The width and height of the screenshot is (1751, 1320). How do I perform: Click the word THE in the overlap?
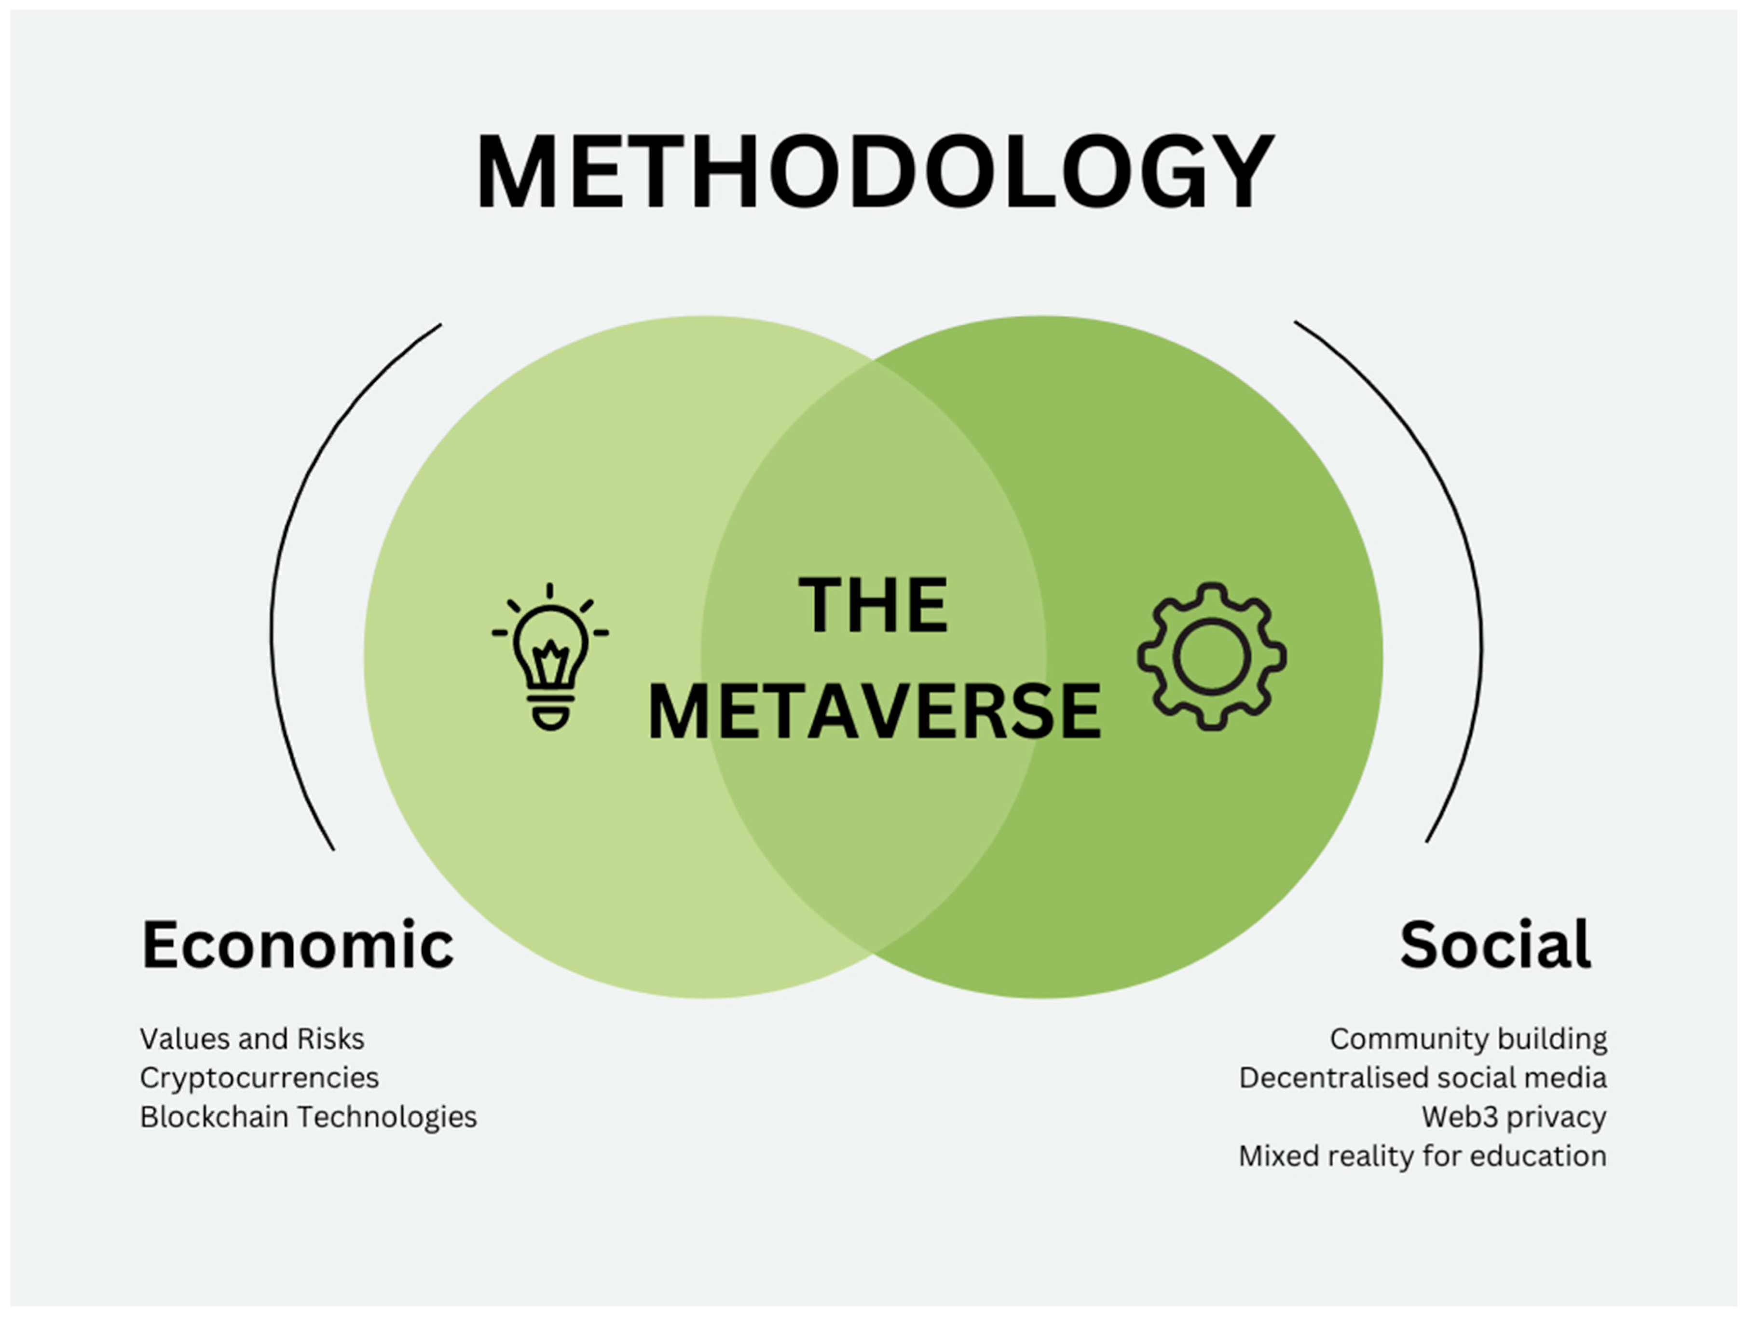(x=873, y=606)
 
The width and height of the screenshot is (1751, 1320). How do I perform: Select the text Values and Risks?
(x=252, y=1039)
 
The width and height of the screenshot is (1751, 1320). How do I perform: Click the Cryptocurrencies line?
(x=259, y=1078)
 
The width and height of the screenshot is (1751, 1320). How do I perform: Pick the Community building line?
(x=1468, y=1039)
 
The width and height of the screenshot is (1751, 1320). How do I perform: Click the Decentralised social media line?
(x=1423, y=1078)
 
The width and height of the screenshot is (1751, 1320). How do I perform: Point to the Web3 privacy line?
(x=1514, y=1117)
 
